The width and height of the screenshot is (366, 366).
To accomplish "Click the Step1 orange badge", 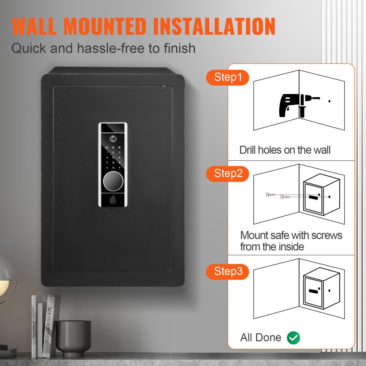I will (x=228, y=78).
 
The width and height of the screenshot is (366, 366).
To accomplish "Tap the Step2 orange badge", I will (x=228, y=173).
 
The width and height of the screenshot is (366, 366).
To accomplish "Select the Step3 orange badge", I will (x=228, y=271).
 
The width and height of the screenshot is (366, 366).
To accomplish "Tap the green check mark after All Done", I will (x=293, y=338).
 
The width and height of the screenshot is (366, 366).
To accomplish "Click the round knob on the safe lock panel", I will (x=113, y=181).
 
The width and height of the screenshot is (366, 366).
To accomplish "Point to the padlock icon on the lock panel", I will (x=113, y=200).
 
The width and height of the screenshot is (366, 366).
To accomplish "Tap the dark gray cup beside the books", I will (x=73, y=337).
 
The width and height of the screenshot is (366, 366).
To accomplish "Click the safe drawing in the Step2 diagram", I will (x=320, y=197).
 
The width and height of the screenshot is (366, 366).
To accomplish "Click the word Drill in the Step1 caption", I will (x=248, y=150).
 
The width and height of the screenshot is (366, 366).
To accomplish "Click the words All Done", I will (x=261, y=337).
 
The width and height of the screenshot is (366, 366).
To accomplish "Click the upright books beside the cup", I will (x=44, y=326).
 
